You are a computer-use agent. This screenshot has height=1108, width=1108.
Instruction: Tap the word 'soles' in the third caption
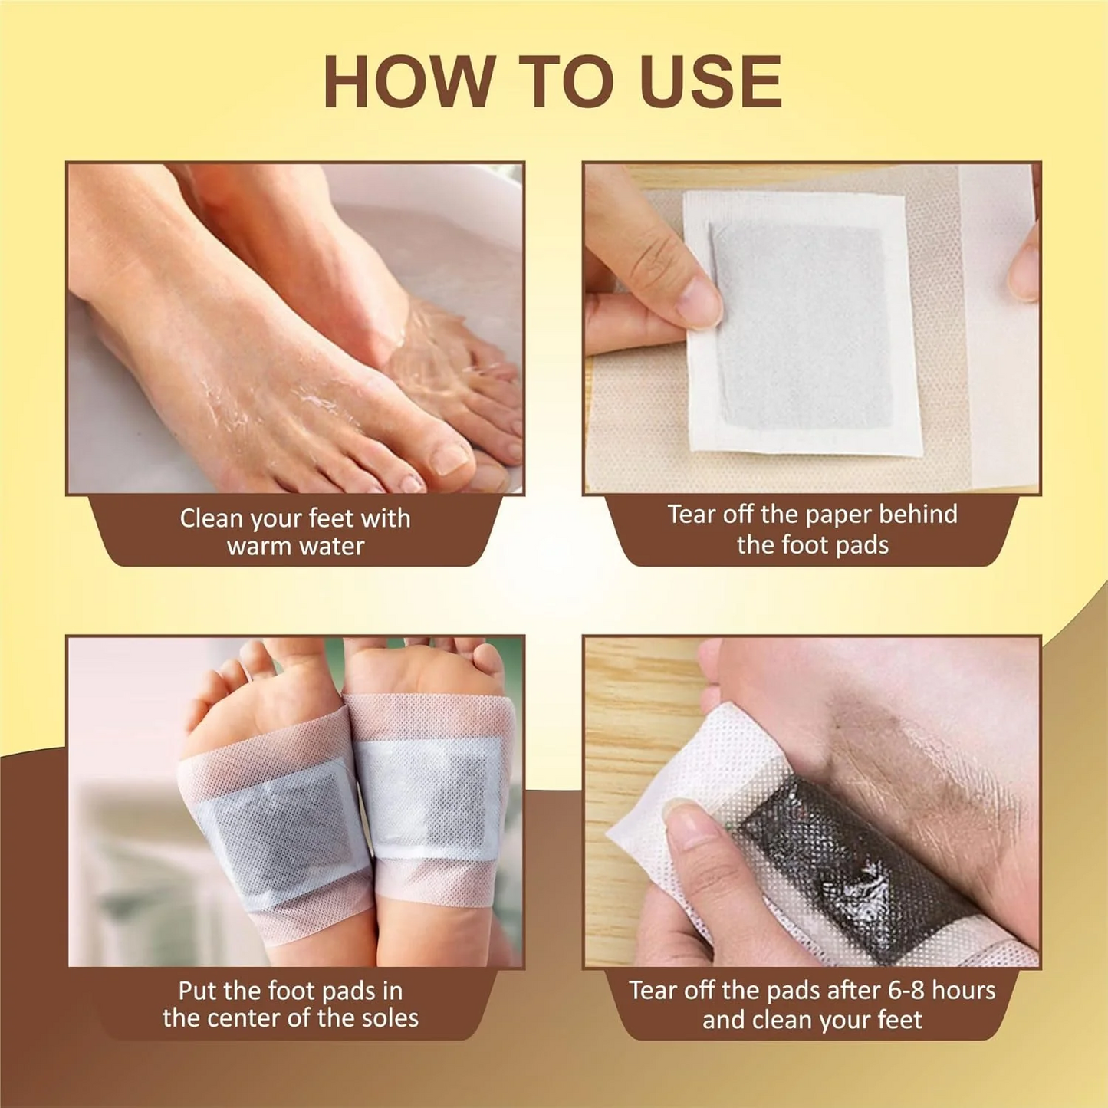[388, 1018]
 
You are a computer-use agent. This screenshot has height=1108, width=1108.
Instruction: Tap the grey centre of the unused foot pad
[802, 326]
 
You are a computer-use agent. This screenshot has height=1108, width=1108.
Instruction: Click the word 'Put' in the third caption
[196, 991]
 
